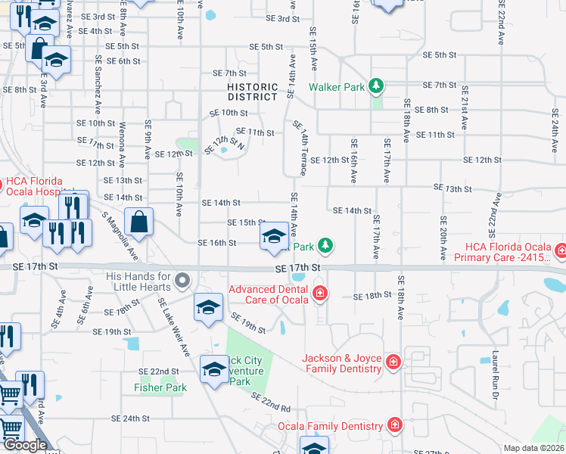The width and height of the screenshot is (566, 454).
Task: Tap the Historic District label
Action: [253, 92]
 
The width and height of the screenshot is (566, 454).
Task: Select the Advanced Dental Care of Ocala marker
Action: [319, 293]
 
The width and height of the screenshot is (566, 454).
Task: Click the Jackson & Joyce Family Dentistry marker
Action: [393, 363]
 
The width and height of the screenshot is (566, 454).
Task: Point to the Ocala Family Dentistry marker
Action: [393, 425]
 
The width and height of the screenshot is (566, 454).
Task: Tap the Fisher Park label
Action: [160, 387]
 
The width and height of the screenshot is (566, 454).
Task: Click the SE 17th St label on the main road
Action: [299, 268]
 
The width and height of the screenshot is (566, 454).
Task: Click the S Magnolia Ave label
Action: [120, 235]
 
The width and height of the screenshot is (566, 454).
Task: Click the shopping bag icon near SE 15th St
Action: [139, 223]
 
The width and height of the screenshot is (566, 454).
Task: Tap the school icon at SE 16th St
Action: [274, 236]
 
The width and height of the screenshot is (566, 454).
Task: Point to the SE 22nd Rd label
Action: [270, 402]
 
